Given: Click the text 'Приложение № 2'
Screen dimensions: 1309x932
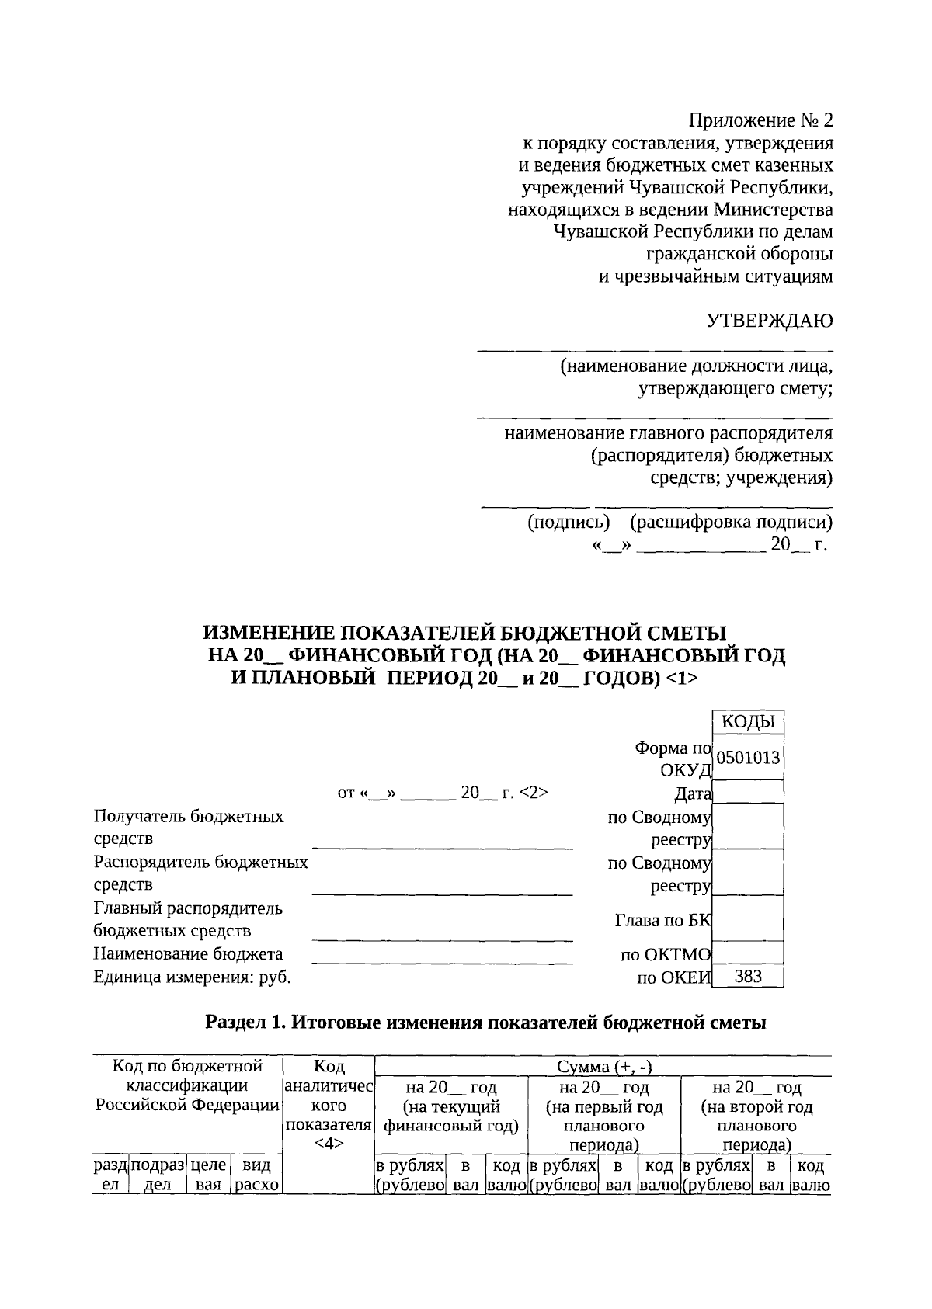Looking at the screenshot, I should point(760,121).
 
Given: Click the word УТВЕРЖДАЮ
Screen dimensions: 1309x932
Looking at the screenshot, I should point(769,321).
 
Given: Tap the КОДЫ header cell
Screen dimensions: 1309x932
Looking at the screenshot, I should point(748,722).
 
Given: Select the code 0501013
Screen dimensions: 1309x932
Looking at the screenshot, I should point(748,758).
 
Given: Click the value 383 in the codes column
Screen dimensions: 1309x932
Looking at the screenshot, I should point(748,977).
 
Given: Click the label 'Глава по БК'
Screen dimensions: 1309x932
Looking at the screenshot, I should point(662,921).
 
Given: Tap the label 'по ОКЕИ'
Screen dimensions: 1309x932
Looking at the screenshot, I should point(673,978).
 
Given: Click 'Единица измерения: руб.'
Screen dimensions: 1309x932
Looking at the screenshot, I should point(192,977).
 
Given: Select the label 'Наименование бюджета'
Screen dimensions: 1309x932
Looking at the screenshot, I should point(188,954).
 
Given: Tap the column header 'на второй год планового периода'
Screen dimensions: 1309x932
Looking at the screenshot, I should point(756,1116).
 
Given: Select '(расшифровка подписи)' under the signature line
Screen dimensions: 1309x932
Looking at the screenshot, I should point(731,523).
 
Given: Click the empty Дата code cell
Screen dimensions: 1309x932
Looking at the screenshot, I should point(748,793).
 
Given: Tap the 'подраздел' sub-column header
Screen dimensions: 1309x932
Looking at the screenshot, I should point(158,1175).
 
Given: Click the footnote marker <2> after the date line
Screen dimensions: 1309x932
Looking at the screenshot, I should point(534,793).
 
